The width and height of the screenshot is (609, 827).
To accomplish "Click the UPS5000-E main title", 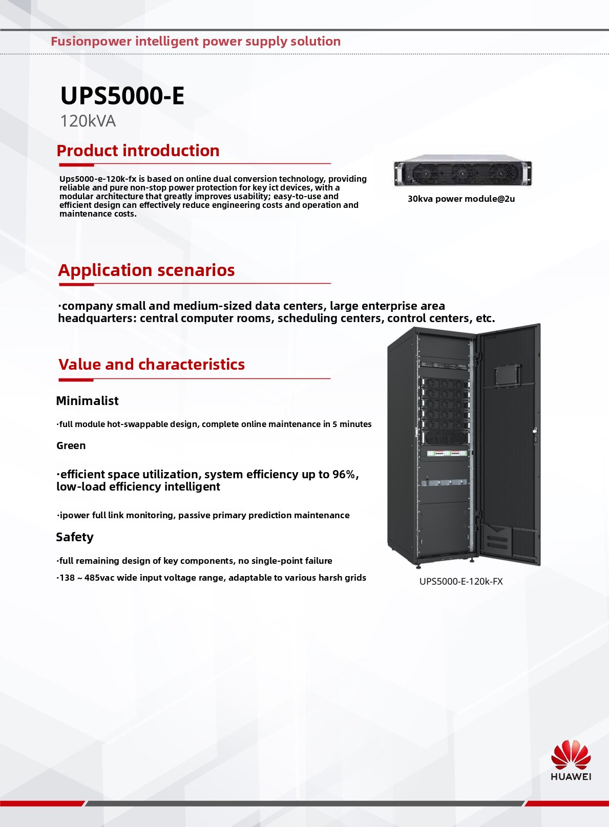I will point(122,96).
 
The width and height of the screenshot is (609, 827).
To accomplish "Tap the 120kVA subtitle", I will point(88,121).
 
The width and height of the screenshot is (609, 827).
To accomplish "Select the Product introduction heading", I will point(138,151).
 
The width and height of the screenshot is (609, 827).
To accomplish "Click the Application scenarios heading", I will point(146,270).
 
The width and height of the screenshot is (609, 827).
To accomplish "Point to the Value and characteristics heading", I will point(151,365).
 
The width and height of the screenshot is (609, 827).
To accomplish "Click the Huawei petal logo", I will point(571,754).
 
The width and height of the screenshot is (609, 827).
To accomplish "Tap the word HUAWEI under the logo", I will point(571,776).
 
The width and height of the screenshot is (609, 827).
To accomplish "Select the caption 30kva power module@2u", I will point(461,199).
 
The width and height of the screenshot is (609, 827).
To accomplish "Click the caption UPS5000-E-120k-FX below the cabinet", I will point(461,581).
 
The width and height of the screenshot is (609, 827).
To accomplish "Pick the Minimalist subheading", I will point(87,401).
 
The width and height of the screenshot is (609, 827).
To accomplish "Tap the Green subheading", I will point(71,446).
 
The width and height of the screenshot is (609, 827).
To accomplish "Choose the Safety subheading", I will point(75,537).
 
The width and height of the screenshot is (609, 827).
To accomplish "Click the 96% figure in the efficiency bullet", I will point(344,475).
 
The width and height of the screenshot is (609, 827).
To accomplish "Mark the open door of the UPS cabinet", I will point(510,446).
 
